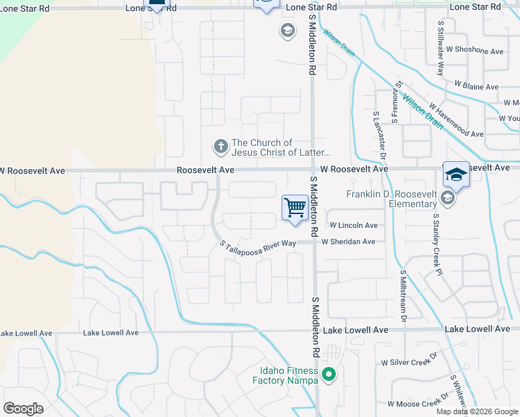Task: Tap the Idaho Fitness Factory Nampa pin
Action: [330, 375]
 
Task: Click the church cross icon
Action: [220, 147]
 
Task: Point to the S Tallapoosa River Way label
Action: [258, 246]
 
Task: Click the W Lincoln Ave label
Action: [354, 225]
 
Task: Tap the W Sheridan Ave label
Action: [348, 242]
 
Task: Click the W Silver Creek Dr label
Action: [409, 363]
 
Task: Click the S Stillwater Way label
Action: [441, 48]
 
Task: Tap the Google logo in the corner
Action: [23, 409]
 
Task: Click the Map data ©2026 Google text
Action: [477, 411]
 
